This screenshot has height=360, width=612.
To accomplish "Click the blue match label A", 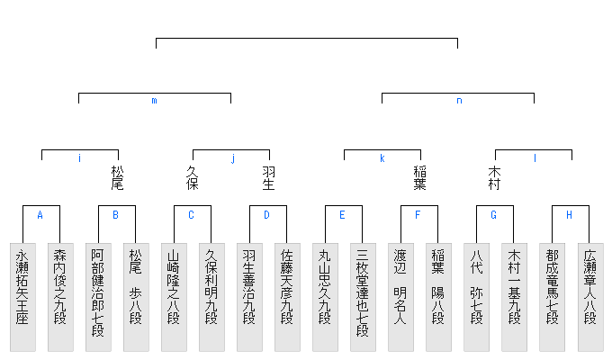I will tap(40, 215).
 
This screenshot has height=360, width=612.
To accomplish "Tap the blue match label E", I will tap(342, 215).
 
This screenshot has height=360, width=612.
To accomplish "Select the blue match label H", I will tap(569, 215).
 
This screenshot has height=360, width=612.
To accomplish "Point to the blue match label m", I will tap(154, 101).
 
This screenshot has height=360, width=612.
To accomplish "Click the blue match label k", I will tap(382, 158).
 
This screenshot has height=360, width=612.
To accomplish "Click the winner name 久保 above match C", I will tap(192, 177).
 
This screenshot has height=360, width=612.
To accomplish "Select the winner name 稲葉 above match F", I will tap(419, 177).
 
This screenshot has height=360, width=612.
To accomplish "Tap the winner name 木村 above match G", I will tap(494, 177).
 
